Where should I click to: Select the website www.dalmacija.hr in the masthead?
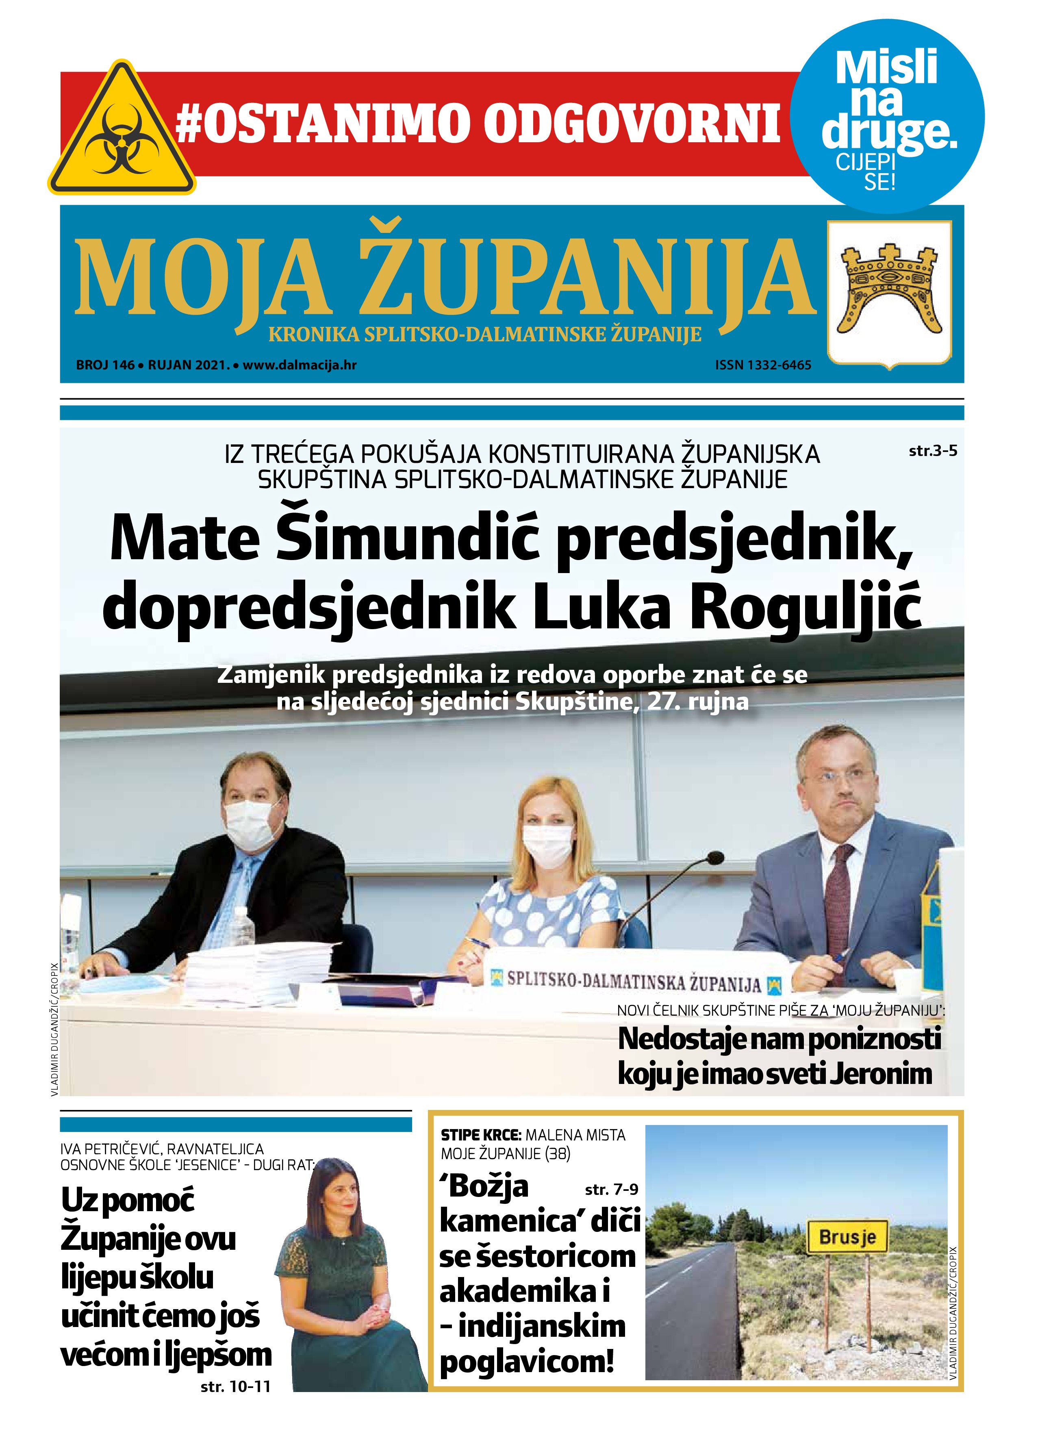[299, 365]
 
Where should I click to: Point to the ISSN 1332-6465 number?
[762, 365]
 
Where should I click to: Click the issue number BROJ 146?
[105, 365]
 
